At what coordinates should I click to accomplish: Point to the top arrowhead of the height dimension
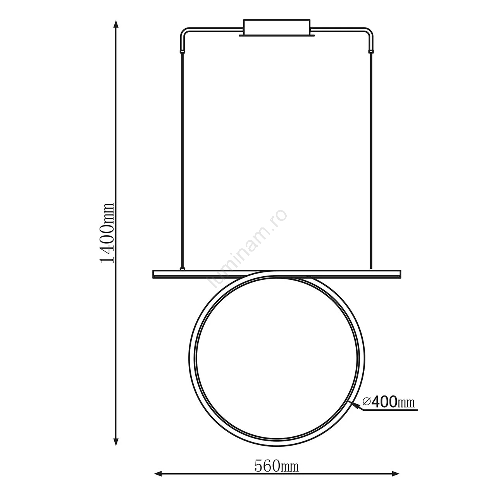pyautogui.click(x=116, y=24)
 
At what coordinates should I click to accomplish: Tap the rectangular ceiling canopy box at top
pyautogui.click(x=277, y=28)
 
